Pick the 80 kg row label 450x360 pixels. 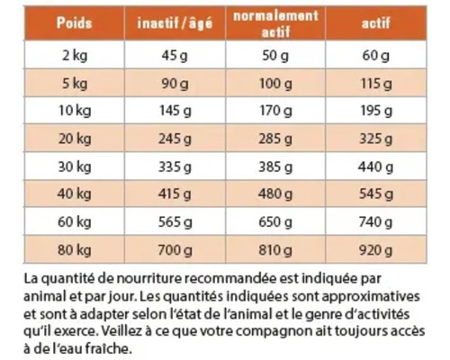[x=75, y=247]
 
